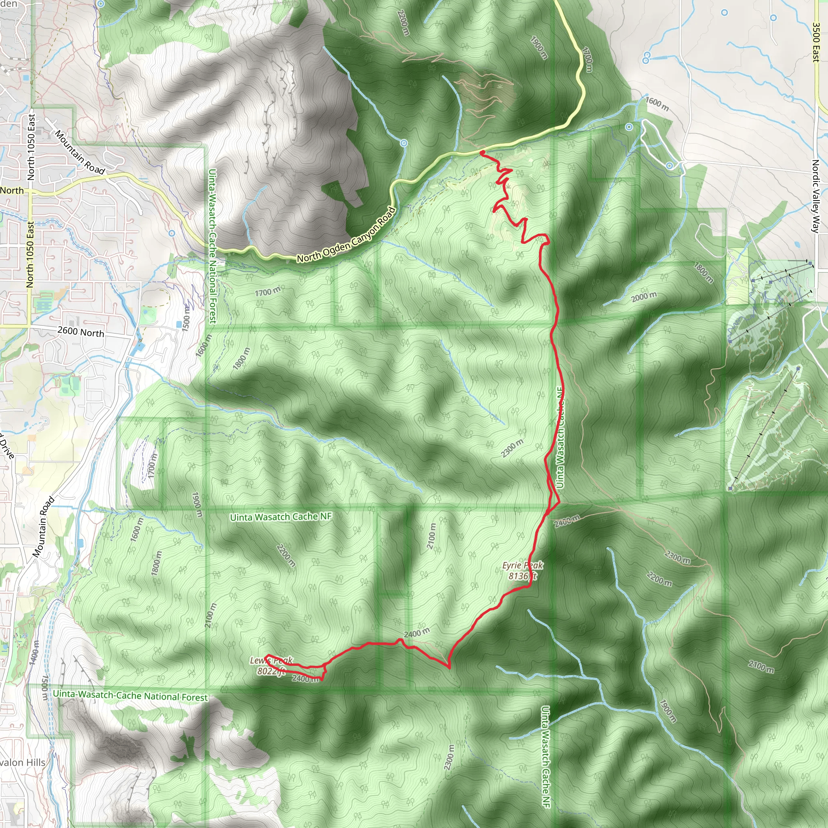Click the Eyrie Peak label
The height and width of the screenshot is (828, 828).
[x=522, y=565]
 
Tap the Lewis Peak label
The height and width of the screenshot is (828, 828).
[x=271, y=661]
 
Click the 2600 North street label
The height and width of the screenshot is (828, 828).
[x=80, y=332]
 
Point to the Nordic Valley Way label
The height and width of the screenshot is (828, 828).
[x=815, y=196]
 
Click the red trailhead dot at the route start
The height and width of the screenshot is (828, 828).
[x=482, y=152]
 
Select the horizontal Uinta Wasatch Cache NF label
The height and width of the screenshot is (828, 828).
[x=281, y=517]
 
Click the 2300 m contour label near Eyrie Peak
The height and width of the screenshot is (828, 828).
[x=512, y=448]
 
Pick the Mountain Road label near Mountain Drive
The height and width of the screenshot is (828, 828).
[x=44, y=527]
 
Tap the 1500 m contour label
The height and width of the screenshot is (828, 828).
[x=186, y=318]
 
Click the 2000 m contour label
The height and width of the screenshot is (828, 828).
[x=644, y=297]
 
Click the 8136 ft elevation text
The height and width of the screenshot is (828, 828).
[x=522, y=576]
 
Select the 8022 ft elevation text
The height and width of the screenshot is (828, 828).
[x=271, y=671]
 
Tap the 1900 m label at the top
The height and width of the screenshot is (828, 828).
[x=539, y=48]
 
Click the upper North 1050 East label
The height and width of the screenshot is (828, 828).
[x=31, y=147]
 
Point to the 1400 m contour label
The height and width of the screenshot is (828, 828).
[x=34, y=652]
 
